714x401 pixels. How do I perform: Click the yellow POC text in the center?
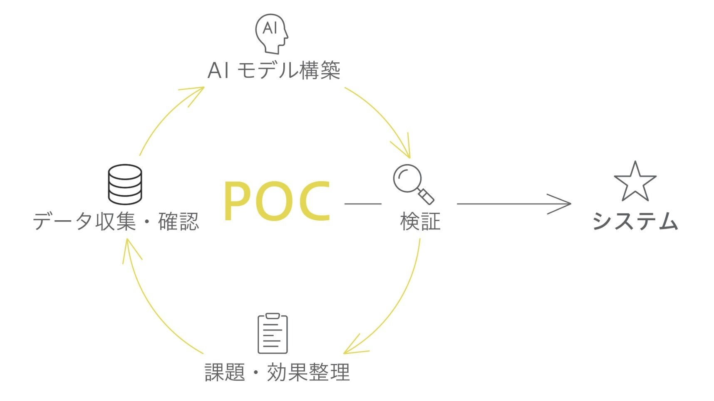[277, 201]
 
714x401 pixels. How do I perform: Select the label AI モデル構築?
[274, 70]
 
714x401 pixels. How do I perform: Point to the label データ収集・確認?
[116, 221]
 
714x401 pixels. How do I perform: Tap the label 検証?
[420, 221]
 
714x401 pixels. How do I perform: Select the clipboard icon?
[273, 334]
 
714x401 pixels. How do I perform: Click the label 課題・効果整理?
[277, 372]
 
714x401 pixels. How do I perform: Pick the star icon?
[635, 183]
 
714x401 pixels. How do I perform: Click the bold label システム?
[635, 221]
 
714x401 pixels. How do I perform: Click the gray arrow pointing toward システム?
[514, 204]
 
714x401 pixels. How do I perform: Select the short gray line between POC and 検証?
[363, 204]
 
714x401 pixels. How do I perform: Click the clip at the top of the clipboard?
[273, 316]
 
